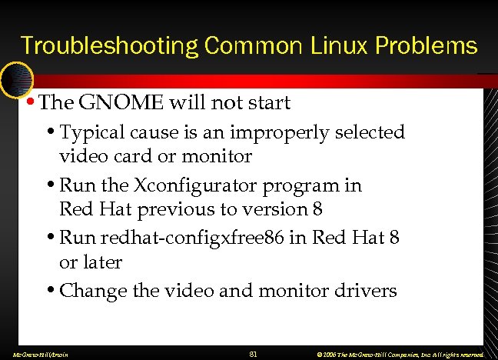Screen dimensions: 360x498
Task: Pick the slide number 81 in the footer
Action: click(254, 354)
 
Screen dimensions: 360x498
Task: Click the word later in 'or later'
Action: click(101, 262)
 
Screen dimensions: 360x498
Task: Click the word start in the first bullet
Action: click(268, 102)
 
